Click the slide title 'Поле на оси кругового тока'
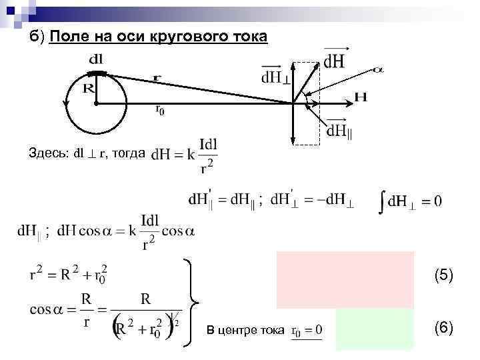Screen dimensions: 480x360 coord(158,36)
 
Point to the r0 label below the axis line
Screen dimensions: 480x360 coord(160,110)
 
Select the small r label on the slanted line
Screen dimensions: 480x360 coord(157,78)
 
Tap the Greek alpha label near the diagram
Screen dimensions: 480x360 coord(379,69)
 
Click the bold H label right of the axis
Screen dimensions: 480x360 coord(360,97)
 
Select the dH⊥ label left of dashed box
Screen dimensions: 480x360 coord(275,75)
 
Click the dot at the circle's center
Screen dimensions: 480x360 coord(97,104)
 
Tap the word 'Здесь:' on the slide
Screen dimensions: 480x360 coord(49,153)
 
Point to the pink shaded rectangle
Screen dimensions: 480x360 coord(345,279)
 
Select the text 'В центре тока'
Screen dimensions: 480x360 coord(245,330)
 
